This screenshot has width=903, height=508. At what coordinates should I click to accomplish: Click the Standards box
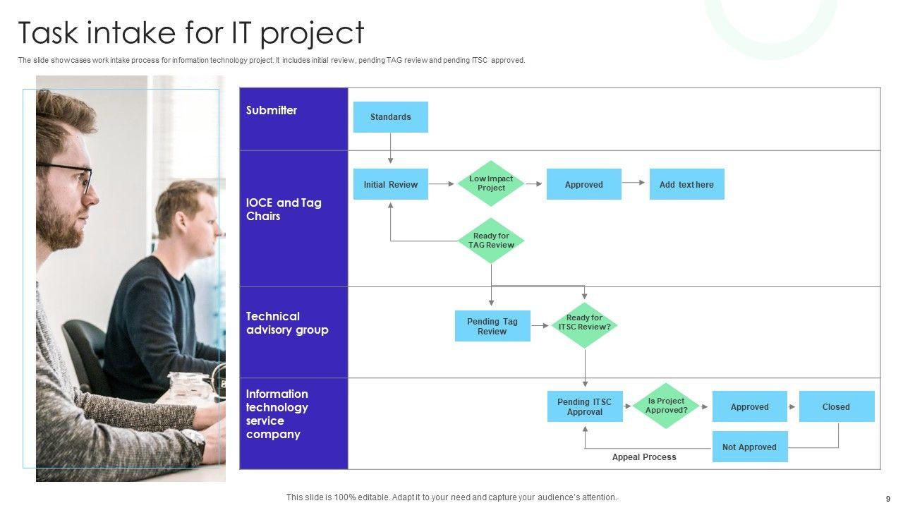391,117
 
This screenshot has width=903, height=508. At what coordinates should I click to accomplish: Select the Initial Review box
391,184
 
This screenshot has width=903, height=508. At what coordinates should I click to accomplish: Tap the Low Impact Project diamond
491,183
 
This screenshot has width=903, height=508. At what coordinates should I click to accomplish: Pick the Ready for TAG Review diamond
491,241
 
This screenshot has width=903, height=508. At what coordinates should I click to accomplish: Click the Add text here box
687,184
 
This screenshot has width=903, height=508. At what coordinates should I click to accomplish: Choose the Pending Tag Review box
492,326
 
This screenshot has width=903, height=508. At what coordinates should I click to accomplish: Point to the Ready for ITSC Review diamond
585,325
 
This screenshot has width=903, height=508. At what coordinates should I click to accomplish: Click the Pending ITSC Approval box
585,406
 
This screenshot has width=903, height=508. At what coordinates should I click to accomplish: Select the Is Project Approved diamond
666,406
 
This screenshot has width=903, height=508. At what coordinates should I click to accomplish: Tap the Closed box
837,406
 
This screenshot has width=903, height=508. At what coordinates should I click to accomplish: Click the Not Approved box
750,447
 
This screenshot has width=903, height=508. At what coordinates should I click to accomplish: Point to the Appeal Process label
644,457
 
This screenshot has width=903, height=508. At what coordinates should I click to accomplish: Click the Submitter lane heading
272,111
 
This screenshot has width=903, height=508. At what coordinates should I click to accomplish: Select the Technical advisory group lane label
287,323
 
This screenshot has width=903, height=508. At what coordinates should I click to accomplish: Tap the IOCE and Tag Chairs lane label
284,210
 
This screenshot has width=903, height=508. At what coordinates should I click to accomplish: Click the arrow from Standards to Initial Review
390,148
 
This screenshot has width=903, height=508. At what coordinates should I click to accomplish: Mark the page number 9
888,499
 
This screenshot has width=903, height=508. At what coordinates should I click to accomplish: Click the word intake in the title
131,32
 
